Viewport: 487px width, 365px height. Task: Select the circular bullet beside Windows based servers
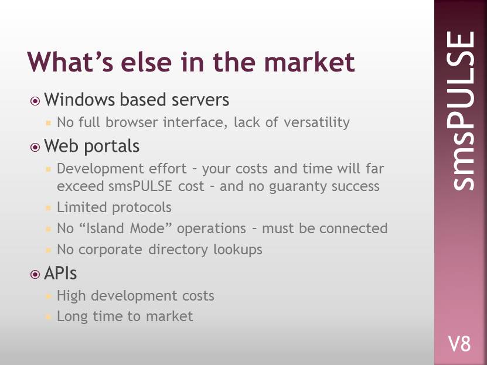tap(35, 101)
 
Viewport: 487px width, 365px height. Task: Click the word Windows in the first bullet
tap(80, 100)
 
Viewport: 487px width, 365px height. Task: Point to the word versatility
tap(316, 122)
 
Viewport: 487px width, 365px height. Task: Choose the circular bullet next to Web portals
tap(35, 147)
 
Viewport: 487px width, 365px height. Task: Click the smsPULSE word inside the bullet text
tap(140, 186)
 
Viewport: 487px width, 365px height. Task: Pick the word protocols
tap(142, 207)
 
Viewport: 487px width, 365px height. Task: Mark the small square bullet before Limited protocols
tap(48, 207)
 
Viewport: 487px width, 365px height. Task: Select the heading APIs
tap(60, 274)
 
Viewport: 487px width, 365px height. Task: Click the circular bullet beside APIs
tap(35, 274)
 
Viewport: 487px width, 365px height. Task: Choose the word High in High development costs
tap(71, 296)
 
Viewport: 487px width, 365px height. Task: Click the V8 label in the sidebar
tap(459, 344)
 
